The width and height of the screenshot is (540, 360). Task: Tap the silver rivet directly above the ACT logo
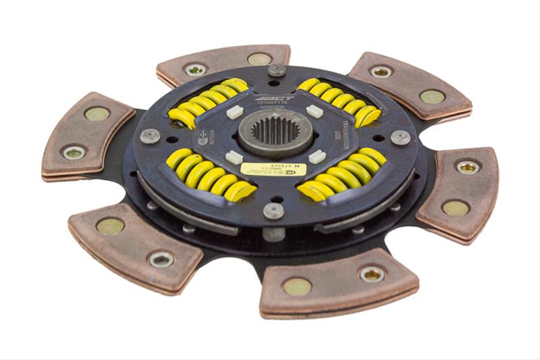(276, 70)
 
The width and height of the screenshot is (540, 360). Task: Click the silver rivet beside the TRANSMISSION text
(400, 137)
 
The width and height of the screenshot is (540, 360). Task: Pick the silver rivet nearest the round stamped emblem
(150, 135)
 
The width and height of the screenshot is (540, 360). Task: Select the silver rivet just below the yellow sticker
(273, 211)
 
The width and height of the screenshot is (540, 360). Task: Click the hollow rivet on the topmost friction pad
(196, 69)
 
